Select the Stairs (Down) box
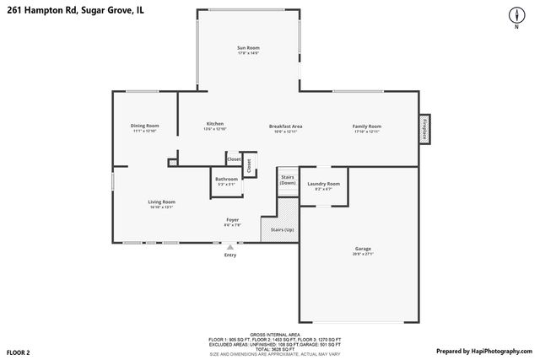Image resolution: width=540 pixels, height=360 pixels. click(288, 180)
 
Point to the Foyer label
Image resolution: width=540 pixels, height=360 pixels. click(232, 222)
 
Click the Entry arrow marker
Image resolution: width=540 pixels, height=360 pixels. click(229, 247)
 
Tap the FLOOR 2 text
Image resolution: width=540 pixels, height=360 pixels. click(18, 351)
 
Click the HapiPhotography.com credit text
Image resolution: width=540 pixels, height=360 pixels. click(484, 351)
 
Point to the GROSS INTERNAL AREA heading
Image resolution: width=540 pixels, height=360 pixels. click(275, 335)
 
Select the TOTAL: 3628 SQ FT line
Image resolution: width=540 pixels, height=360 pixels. click(275, 348)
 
